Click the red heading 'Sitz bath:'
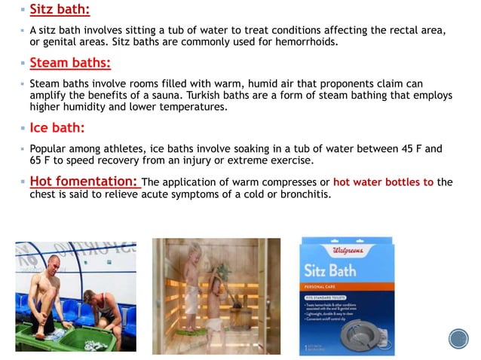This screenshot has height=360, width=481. (x=60, y=11)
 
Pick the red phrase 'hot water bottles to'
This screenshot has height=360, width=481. (x=383, y=182)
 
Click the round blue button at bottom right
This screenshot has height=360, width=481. (x=458, y=338)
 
